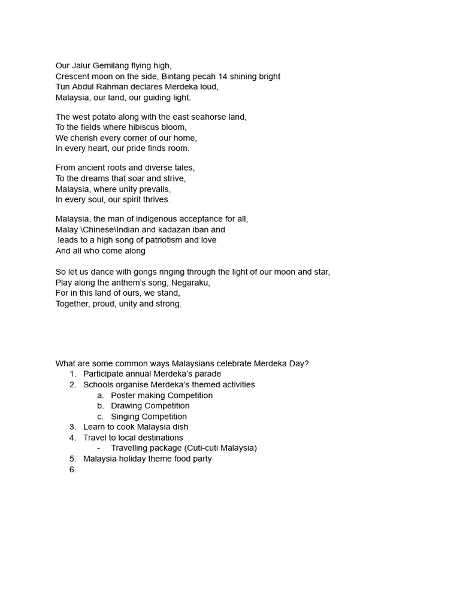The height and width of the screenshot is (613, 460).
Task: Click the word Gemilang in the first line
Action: pyautogui.click(x=112, y=66)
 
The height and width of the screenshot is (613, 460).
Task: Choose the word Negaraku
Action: pyautogui.click(x=190, y=283)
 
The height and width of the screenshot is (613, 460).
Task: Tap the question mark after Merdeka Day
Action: pyautogui.click(x=307, y=363)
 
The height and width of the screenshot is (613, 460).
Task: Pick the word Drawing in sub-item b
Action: pyautogui.click(x=127, y=406)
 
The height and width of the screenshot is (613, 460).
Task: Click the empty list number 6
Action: pyautogui.click(x=72, y=470)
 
